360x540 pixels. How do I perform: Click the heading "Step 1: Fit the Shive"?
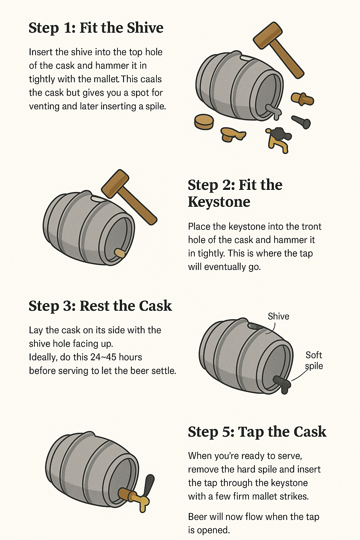point(96,28)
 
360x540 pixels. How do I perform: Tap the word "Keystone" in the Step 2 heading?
point(219,202)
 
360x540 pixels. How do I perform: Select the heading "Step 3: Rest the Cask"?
point(100,306)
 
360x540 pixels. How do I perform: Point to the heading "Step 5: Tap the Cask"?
point(257,432)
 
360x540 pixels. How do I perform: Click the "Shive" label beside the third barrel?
point(278,316)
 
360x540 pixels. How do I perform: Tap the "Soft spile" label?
point(314,360)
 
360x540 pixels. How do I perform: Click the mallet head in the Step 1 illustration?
point(268,35)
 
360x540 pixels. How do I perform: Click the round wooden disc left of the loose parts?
point(204,121)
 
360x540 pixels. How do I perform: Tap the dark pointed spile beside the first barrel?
point(301,122)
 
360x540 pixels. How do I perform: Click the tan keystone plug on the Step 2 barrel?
point(120,253)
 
